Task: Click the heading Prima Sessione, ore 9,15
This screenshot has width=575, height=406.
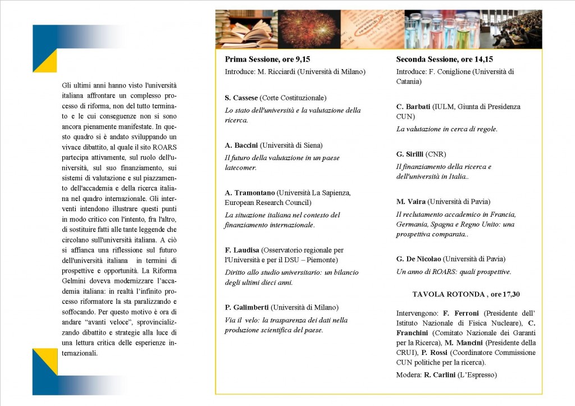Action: pos(267,59)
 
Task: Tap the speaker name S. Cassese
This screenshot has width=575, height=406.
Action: pos(241,98)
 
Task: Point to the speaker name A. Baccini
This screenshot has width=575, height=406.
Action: pos(241,145)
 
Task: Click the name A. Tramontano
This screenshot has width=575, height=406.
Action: pos(249,193)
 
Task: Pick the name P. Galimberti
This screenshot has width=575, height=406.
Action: pos(247,307)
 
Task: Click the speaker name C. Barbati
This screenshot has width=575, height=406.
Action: pos(414,107)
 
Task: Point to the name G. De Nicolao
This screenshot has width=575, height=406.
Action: pos(418,259)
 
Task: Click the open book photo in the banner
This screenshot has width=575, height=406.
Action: pos(246,29)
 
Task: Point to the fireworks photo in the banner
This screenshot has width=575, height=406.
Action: pos(309,29)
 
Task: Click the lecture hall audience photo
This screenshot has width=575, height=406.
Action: pos(512,29)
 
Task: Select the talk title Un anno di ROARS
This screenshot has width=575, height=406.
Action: pos(453,272)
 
